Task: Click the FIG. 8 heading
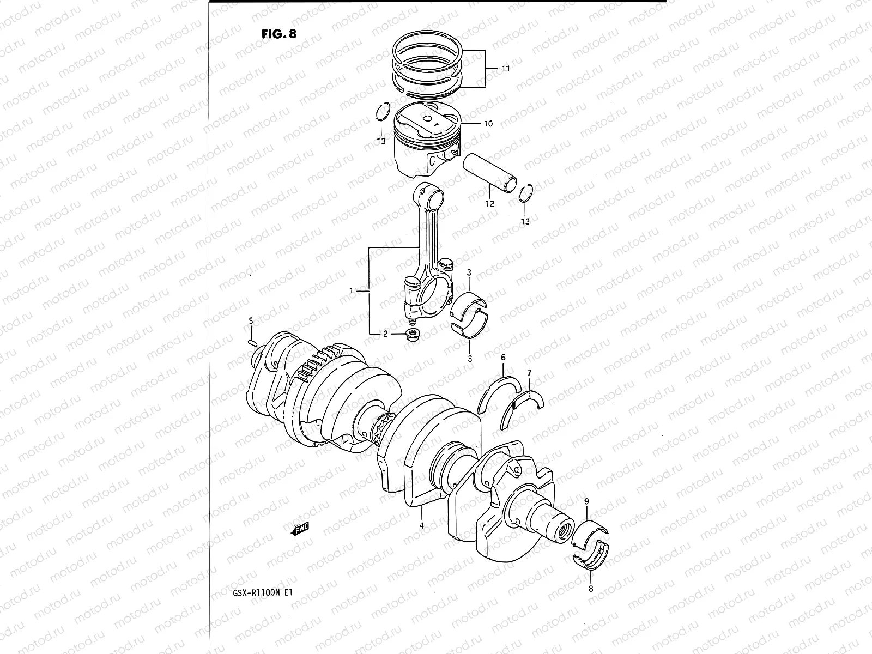point(278,34)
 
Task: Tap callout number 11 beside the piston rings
point(505,69)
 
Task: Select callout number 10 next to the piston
point(487,124)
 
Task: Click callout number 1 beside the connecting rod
point(352,291)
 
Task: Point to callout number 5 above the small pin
point(251,321)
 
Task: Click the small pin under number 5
point(252,342)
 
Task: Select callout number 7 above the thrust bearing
point(528,372)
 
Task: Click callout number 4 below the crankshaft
point(421,526)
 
